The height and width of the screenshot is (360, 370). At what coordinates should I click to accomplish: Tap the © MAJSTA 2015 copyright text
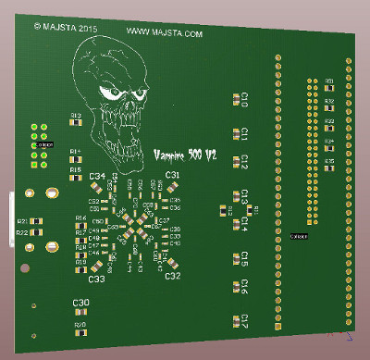(x=66, y=28)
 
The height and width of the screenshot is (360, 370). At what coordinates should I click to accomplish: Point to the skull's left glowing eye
(x=111, y=93)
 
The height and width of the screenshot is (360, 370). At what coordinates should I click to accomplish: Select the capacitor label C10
(x=244, y=98)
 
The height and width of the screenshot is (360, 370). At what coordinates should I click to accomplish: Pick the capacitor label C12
(x=244, y=163)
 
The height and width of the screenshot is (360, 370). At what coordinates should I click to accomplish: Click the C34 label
(x=95, y=176)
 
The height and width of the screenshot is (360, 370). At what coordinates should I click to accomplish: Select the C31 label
(x=171, y=175)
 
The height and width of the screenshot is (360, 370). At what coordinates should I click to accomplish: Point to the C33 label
(x=94, y=278)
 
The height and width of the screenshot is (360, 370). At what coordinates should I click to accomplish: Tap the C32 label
(x=171, y=276)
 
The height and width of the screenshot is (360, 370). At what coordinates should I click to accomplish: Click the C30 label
(x=80, y=303)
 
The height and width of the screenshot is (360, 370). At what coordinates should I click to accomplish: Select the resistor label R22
(x=21, y=233)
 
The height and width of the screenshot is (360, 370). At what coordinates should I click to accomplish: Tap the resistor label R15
(x=76, y=170)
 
